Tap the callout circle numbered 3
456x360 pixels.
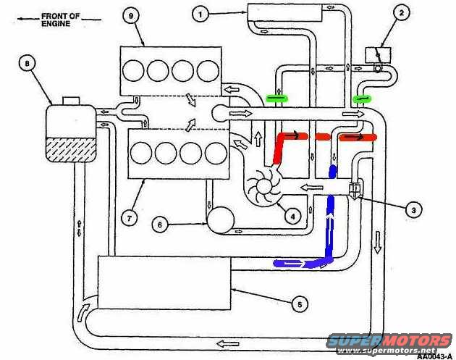tap(413, 210)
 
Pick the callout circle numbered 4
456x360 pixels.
tap(293, 215)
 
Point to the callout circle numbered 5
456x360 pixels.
tap(299, 305)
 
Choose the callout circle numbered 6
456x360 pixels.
tap(161, 225)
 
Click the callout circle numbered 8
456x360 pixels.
tap(29, 64)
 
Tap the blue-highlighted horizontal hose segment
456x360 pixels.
tap(293, 263)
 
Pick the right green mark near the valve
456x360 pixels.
tap(362, 97)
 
